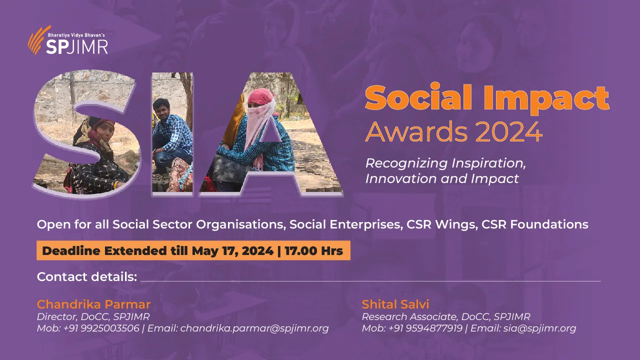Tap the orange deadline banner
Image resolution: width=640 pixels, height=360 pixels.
tap(193, 250)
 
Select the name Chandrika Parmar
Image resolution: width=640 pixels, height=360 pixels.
tap(93, 304)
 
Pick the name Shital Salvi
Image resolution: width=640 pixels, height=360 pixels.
tap(395, 304)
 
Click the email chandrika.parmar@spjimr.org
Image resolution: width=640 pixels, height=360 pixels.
tap(254, 328)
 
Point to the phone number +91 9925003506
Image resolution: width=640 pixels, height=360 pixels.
tap(101, 328)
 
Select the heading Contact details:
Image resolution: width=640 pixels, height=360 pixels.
tap(87, 276)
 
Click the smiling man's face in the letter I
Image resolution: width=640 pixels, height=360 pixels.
tap(162, 107)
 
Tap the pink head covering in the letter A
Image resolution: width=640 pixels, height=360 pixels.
tap(261, 100)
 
